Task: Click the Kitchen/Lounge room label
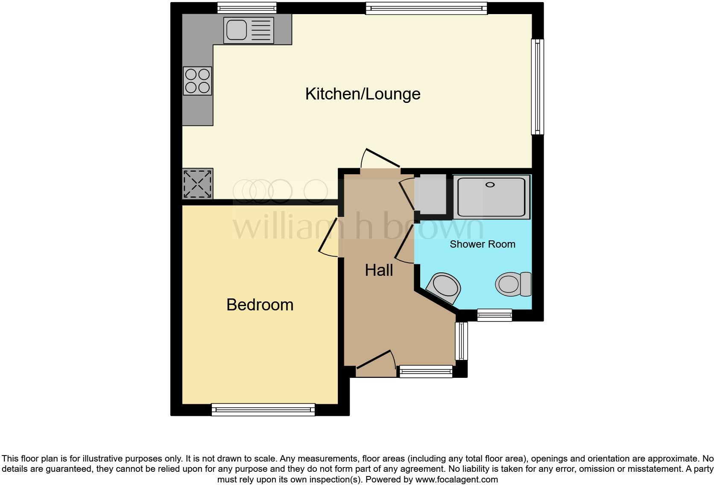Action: (363, 94)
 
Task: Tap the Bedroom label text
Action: (260, 305)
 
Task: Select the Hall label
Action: (379, 270)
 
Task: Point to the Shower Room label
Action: (482, 244)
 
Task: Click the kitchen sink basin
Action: (236, 30)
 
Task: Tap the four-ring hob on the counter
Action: (197, 81)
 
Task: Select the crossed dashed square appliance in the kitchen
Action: (197, 184)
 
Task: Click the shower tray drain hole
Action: (490, 185)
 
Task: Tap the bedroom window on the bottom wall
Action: (263, 410)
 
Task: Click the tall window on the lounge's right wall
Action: (538, 87)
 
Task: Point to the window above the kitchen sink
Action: (246, 8)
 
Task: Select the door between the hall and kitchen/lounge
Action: (380, 161)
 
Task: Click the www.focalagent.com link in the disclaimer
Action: (456, 479)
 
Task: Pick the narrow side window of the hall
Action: (461, 341)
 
